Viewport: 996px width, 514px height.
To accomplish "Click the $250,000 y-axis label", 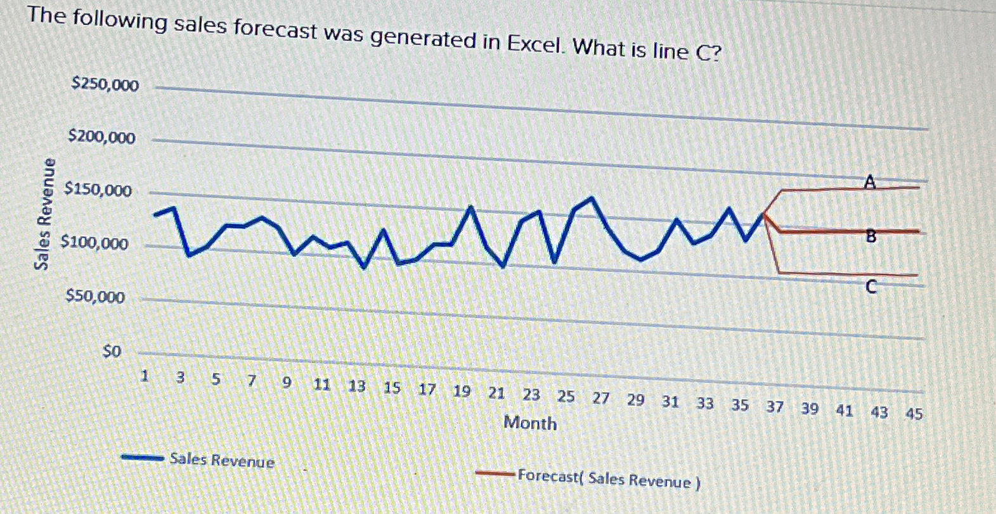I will (105, 84).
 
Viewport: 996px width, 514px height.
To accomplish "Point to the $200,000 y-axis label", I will (101, 137).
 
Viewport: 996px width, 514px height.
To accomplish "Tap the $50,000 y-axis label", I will (96, 297).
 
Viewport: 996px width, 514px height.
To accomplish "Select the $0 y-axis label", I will (112, 351).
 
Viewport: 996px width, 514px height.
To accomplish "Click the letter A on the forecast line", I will (870, 183).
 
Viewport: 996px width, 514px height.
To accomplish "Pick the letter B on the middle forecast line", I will (871, 236).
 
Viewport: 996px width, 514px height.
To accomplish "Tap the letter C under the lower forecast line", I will (871, 288).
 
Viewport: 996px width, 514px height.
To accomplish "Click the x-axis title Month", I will (530, 423).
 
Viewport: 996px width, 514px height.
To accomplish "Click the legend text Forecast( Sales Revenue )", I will (609, 479).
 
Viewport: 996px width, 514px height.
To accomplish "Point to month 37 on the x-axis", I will (774, 407).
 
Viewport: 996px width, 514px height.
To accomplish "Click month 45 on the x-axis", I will (914, 414).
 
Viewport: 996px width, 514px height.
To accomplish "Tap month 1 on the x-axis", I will (145, 376).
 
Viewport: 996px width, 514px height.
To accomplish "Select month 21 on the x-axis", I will (496, 393).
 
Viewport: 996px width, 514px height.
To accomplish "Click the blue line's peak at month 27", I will (592, 198).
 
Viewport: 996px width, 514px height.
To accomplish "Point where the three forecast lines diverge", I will (765, 214).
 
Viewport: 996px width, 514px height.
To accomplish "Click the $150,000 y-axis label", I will (98, 190).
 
